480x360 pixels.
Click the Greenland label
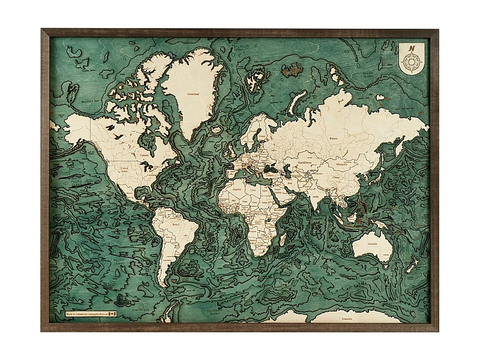click(x=193, y=94)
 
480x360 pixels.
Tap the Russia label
click(x=334, y=139)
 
